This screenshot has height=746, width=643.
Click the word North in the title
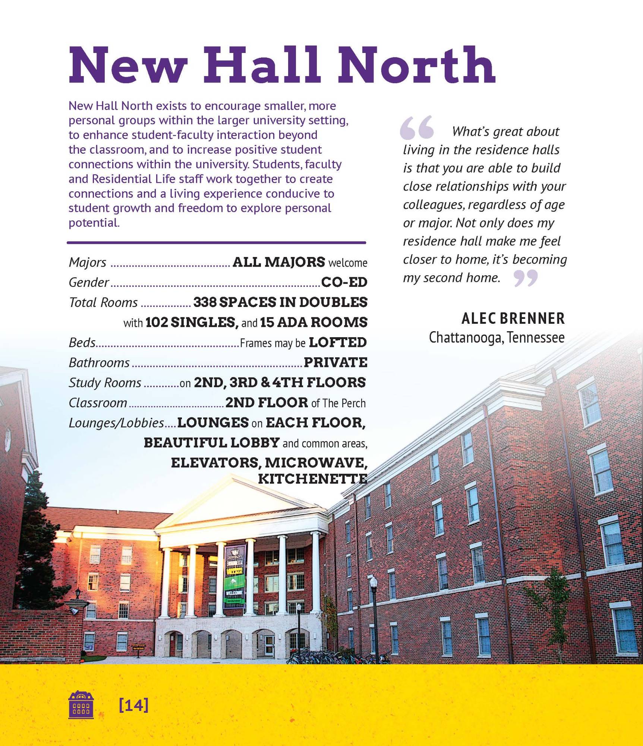416,65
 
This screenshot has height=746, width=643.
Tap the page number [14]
133,705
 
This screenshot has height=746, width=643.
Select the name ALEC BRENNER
513,319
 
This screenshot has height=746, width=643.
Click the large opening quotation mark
417,128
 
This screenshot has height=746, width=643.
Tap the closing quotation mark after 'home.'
526,278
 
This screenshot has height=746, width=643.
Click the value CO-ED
344,282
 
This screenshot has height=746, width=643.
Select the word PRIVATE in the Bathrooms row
335,362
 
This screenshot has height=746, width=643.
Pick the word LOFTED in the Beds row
338,342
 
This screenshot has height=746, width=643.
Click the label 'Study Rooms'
105,383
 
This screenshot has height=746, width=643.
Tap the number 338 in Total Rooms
205,302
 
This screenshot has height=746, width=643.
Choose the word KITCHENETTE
312,479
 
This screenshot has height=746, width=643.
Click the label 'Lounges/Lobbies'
116,423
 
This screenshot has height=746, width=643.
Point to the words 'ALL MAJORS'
278,262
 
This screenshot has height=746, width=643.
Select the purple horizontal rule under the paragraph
216,243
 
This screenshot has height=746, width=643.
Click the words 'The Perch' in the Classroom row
344,403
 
